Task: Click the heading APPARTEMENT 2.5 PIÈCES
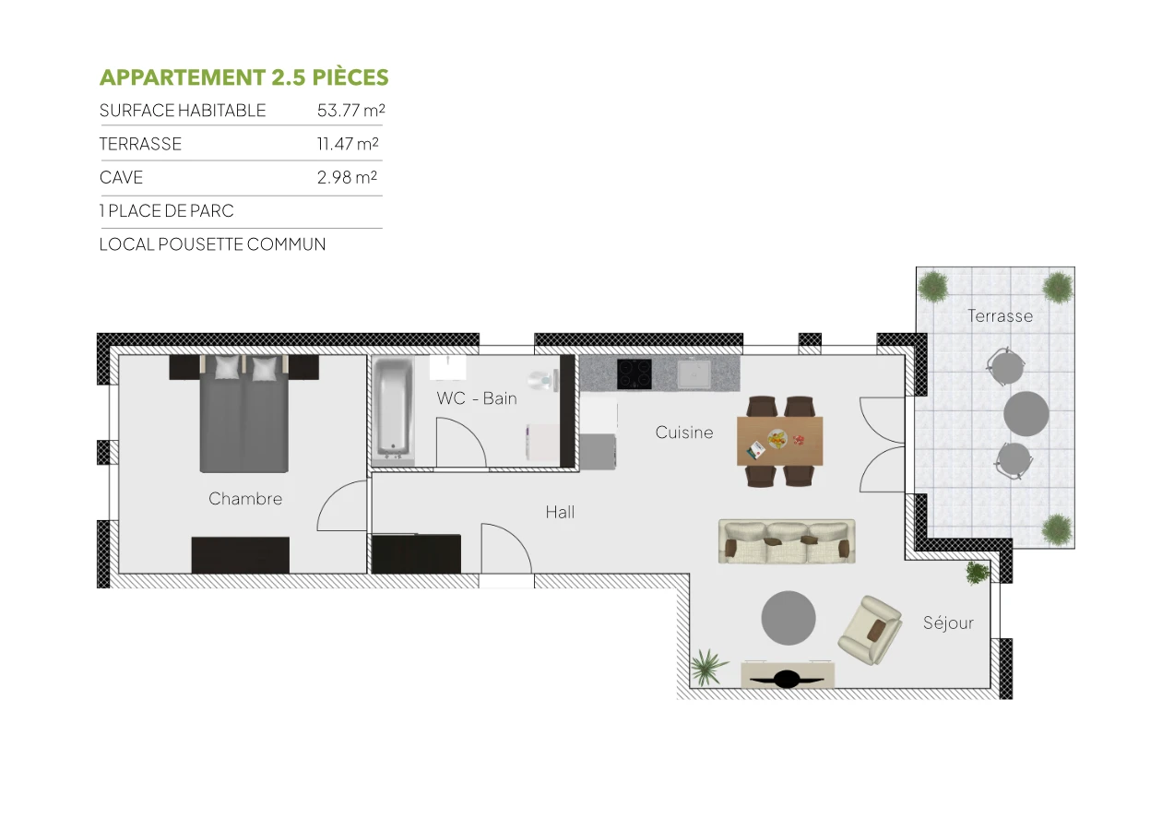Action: pyautogui.click(x=243, y=77)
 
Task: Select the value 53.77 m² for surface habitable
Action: pyautogui.click(x=350, y=111)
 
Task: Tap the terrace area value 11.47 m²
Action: pyautogui.click(x=348, y=144)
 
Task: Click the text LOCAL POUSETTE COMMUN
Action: pyautogui.click(x=212, y=244)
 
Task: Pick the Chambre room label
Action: pyautogui.click(x=245, y=499)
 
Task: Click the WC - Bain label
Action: pyautogui.click(x=476, y=398)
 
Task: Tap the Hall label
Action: pyautogui.click(x=560, y=512)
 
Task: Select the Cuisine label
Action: pyautogui.click(x=684, y=432)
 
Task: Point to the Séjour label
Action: pyautogui.click(x=948, y=623)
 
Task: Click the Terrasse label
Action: pyautogui.click(x=1000, y=315)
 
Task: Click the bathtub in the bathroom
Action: pyautogui.click(x=394, y=409)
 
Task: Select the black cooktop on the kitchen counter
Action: pyautogui.click(x=634, y=373)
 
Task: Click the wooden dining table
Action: pyautogui.click(x=779, y=441)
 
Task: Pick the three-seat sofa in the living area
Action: pyautogui.click(x=787, y=541)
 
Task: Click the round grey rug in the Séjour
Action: pyautogui.click(x=789, y=618)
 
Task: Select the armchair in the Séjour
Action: pyautogui.click(x=870, y=629)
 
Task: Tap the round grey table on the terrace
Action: pyautogui.click(x=1026, y=414)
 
